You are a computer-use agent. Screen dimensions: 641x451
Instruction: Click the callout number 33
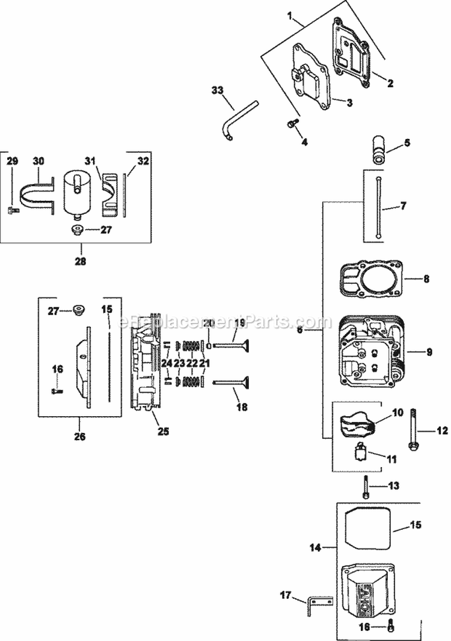pos(217,90)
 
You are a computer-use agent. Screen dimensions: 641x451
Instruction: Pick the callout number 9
pos(429,352)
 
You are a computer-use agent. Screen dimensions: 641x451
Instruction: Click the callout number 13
pos(393,485)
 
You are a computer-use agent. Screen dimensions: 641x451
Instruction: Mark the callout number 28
pos(81,262)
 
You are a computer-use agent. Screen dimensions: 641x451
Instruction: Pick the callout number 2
pos(390,84)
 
